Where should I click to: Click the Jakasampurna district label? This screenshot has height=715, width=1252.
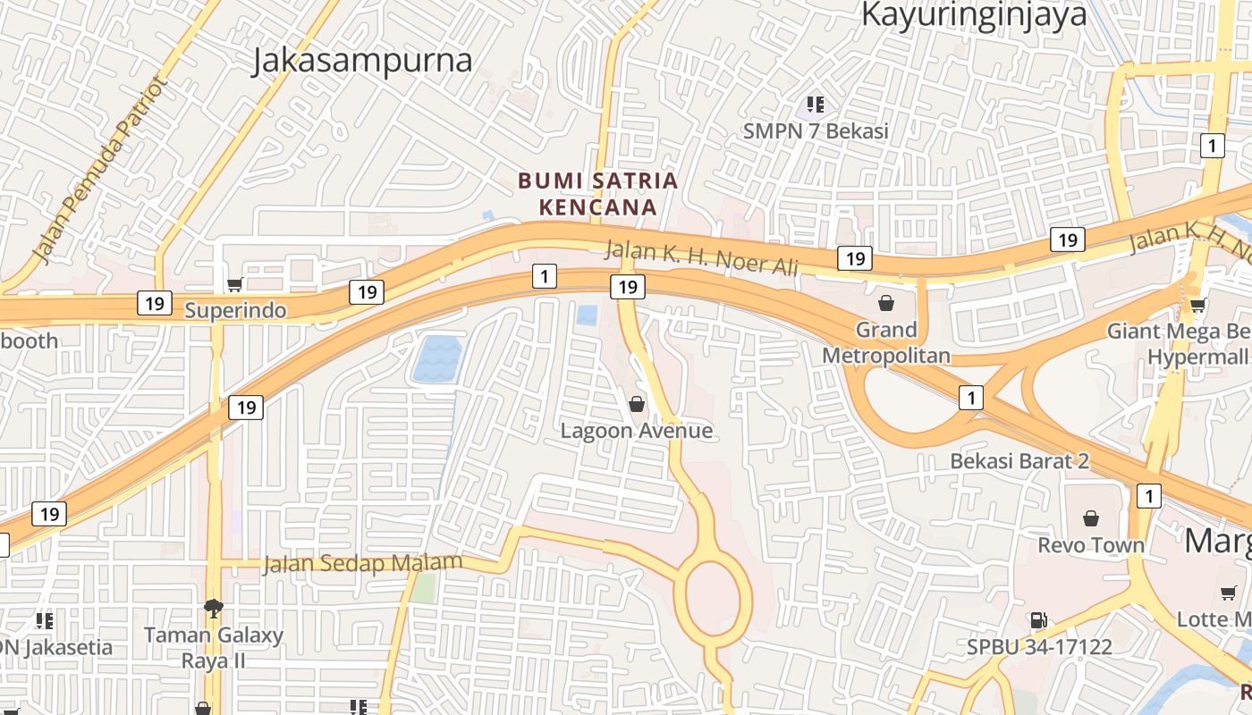pyautogui.click(x=362, y=61)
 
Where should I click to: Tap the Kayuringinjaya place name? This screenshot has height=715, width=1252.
pyautogui.click(x=974, y=15)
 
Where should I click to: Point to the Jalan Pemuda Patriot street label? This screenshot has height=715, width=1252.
pyautogui.click(x=100, y=171)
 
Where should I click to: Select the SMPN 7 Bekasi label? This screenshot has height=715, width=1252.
pyautogui.click(x=816, y=131)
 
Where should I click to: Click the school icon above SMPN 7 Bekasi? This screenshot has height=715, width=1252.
pyautogui.click(x=815, y=105)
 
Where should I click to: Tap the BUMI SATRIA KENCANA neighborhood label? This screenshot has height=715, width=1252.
pyautogui.click(x=598, y=194)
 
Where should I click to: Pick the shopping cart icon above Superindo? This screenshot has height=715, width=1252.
pyautogui.click(x=235, y=285)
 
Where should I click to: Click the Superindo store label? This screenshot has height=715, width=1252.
pyautogui.click(x=235, y=310)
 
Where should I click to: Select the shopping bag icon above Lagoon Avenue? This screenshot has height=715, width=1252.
pyautogui.click(x=637, y=405)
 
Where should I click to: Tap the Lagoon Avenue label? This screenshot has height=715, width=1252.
pyautogui.click(x=637, y=431)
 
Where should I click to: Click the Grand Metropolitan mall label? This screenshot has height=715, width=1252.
pyautogui.click(x=886, y=342)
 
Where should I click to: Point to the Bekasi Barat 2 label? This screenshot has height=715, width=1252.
pyautogui.click(x=1019, y=461)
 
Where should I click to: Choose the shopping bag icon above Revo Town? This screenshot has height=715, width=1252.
pyautogui.click(x=1091, y=518)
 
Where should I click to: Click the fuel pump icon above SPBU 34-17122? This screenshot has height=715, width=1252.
pyautogui.click(x=1038, y=619)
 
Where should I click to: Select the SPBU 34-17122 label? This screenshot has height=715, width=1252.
pyautogui.click(x=1039, y=645)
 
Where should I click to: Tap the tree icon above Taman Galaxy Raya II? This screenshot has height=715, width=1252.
pyautogui.click(x=214, y=610)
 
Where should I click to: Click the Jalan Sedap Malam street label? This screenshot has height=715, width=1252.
pyautogui.click(x=362, y=564)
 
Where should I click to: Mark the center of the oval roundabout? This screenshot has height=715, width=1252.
pyautogui.click(x=718, y=593)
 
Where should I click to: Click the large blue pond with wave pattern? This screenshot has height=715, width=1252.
pyautogui.click(x=437, y=359)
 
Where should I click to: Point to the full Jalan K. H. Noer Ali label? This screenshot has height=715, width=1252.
pyautogui.click(x=701, y=257)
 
